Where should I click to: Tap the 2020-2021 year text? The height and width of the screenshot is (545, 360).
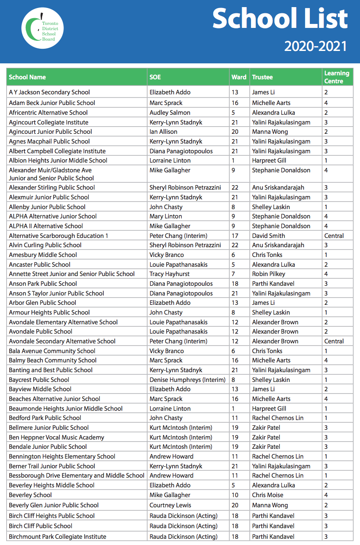click(x=316, y=46)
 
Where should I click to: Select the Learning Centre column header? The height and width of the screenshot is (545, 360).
click(x=337, y=77)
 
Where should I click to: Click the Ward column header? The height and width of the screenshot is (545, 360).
click(x=239, y=77)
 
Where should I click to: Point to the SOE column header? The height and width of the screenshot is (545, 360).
click(x=155, y=77)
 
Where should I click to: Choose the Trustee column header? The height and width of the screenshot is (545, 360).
click(x=262, y=77)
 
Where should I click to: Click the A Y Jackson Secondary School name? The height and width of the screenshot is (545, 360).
click(x=50, y=92)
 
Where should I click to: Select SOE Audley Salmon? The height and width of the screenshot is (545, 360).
click(x=170, y=113)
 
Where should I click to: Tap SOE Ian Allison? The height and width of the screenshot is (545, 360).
click(x=163, y=132)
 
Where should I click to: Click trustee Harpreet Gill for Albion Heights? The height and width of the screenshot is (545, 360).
click(x=270, y=160)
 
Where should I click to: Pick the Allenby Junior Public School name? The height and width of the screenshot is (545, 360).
click(x=47, y=207)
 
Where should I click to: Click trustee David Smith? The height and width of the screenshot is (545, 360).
click(x=269, y=236)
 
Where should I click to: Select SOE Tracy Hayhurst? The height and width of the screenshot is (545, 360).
click(x=170, y=274)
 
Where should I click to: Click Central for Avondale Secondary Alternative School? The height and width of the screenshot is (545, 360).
click(x=334, y=341)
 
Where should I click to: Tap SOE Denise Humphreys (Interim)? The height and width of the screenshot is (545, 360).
click(x=188, y=380)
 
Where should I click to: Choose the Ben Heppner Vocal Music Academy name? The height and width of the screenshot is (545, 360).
click(x=57, y=437)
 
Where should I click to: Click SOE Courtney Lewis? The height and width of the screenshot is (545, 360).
click(x=170, y=505)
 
